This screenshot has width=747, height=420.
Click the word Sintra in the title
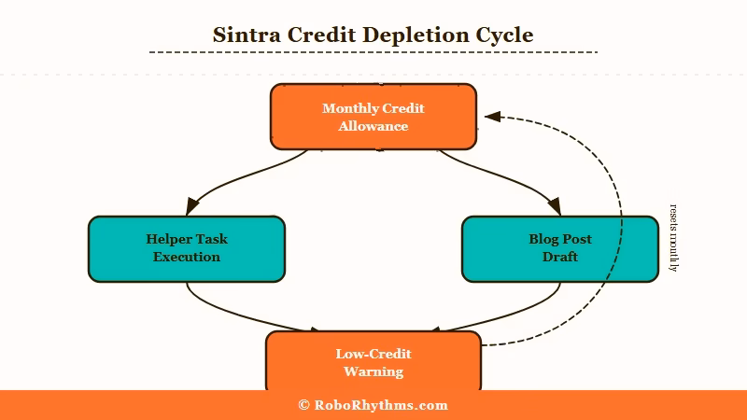[x=245, y=35]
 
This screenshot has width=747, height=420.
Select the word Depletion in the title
[x=417, y=35]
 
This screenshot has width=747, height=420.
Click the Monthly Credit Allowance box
[x=373, y=117]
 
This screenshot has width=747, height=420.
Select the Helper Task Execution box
[x=187, y=248]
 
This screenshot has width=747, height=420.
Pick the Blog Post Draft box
[x=560, y=248]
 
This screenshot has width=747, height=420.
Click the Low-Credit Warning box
[x=373, y=362]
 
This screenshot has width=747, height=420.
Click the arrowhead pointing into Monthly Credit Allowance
[x=492, y=117]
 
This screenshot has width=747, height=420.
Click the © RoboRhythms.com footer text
[x=373, y=405]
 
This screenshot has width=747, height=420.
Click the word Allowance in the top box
[x=373, y=126]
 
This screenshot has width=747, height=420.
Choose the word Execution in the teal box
[x=187, y=257]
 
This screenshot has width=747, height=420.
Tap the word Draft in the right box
[x=560, y=257]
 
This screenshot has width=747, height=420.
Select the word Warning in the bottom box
[x=373, y=371]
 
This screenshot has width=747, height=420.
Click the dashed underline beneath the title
[x=373, y=52]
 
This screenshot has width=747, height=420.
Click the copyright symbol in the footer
[x=303, y=405]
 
